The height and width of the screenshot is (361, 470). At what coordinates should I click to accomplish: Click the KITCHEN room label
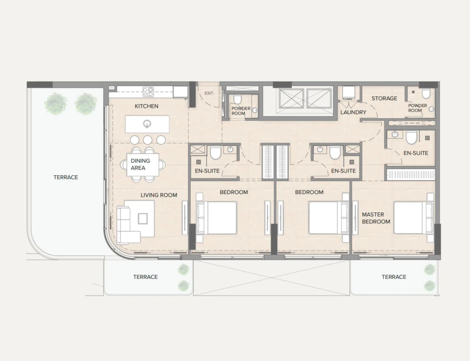[x=146, y=106]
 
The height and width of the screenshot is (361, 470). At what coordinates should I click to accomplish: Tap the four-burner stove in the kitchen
[x=148, y=92]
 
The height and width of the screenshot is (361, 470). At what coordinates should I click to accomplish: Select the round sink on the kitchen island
[x=148, y=124]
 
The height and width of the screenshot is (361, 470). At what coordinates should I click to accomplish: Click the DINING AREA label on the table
[x=140, y=164]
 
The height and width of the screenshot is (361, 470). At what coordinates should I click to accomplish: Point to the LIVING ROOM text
[x=159, y=195]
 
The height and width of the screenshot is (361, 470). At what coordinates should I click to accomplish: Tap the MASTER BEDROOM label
[x=376, y=218]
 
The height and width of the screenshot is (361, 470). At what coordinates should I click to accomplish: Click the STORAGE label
[x=384, y=98]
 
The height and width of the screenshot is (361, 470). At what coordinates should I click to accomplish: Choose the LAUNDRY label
[x=353, y=112]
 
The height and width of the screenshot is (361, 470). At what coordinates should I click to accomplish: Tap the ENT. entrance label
[x=209, y=94]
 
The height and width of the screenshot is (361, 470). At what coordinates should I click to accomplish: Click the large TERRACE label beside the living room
[x=65, y=177]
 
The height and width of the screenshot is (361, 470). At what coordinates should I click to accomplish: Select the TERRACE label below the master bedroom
[x=394, y=277]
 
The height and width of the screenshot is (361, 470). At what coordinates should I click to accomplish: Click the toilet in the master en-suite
[x=411, y=137]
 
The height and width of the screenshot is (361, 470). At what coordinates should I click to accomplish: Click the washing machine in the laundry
[x=348, y=93]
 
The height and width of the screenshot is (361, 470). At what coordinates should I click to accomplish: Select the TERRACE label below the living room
[x=145, y=277]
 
